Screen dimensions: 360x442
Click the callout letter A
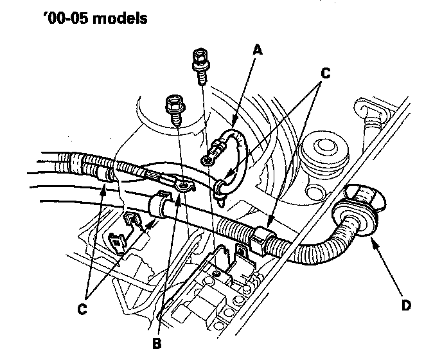258,49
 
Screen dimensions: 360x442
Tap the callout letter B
157,343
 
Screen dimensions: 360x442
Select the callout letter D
405,305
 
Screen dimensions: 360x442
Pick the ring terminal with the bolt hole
185,186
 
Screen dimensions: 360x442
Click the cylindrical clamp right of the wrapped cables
158,206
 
